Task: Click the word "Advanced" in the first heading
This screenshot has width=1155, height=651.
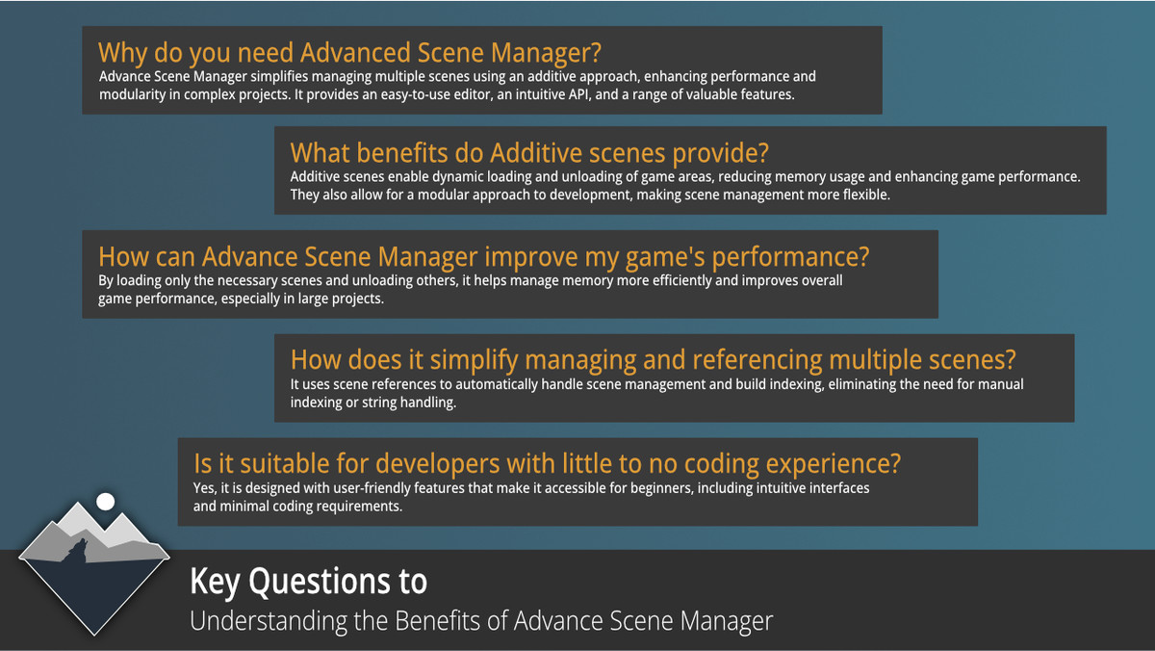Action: point(355,53)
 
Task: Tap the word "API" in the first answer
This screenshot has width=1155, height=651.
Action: point(578,94)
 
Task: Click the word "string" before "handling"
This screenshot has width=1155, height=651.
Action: point(379,403)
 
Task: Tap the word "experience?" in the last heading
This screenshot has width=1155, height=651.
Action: point(834,464)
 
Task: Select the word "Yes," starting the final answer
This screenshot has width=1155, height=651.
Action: point(205,488)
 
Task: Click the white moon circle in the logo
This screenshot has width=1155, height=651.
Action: point(106,502)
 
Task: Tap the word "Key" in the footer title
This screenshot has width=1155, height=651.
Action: point(215,583)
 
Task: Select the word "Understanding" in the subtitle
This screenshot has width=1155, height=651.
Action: point(269,621)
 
